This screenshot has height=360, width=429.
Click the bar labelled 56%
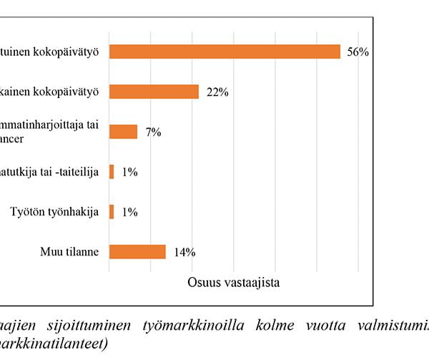pos(225,52)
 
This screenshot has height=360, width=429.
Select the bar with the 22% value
pos(154,92)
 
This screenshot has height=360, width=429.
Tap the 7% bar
pos(123,132)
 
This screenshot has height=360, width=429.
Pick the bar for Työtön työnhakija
pos(112,212)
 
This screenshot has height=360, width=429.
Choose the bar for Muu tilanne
pos(137,252)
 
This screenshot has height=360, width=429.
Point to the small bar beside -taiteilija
pos(112,172)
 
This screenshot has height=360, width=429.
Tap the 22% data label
pos(217,92)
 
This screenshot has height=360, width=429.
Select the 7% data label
pos(153,132)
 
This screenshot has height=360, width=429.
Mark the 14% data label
pos(184,253)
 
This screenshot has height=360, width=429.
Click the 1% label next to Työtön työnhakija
pos(129,213)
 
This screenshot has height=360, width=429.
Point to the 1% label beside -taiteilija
pos(129,172)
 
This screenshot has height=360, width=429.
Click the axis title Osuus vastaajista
pos(234,282)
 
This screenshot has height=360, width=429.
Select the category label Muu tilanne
pos(71,252)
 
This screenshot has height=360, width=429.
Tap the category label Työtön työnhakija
pos(54,212)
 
